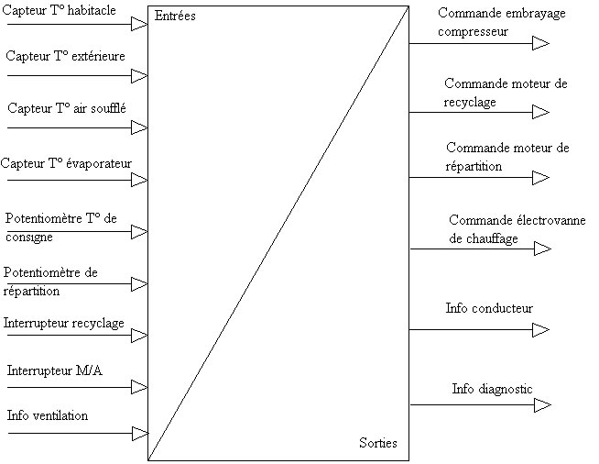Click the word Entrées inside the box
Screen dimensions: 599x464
(175, 16)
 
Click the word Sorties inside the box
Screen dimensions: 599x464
(378, 443)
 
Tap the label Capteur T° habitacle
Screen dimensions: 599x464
(59, 10)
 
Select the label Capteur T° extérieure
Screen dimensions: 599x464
(65, 56)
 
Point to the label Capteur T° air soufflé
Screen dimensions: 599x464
(67, 108)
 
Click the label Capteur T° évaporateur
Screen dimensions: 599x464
(66, 163)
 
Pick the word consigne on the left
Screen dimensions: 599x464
(29, 238)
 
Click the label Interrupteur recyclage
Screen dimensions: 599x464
(64, 323)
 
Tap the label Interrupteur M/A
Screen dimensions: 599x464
(55, 370)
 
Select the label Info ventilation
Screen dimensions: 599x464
(48, 415)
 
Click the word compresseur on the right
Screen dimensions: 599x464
(473, 31)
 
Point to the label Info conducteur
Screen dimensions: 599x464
(489, 308)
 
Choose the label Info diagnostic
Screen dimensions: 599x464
(492, 389)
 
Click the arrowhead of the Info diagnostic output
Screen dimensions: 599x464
(542, 404)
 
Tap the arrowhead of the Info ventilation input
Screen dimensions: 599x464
(140, 434)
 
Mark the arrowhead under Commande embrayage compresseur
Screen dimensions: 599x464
(541, 43)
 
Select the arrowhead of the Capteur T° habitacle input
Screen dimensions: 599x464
(139, 24)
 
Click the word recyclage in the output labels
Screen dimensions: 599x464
(470, 102)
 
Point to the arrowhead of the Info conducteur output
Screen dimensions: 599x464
(541, 329)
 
